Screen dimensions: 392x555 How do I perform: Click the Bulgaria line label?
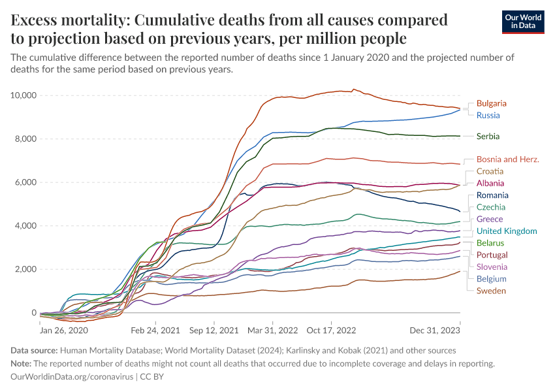(x=491, y=103)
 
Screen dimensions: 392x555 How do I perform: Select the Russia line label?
(x=488, y=116)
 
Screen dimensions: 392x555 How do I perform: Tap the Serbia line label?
(x=488, y=137)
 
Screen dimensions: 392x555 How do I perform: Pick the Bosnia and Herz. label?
(x=508, y=159)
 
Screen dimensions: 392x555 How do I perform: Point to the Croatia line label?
(x=490, y=171)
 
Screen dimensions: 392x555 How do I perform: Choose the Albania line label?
(x=490, y=184)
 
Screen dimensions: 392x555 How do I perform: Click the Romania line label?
(x=492, y=195)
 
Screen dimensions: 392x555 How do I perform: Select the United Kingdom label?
(x=507, y=231)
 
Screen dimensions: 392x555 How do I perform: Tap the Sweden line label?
(x=491, y=291)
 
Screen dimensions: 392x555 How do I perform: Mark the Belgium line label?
(x=491, y=279)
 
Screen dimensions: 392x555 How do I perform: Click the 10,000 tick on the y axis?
(x=23, y=95)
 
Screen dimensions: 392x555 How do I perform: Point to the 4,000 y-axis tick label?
(x=25, y=226)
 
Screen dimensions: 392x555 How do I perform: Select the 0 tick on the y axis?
(x=33, y=313)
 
